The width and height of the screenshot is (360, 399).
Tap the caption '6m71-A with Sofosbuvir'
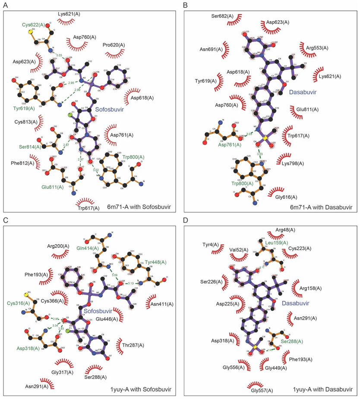140,207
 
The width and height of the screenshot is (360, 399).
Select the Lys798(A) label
305,164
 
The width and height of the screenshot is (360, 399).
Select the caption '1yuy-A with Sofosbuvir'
140,390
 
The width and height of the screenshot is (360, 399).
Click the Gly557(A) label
261,390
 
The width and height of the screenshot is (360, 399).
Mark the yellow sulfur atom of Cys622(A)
30,32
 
